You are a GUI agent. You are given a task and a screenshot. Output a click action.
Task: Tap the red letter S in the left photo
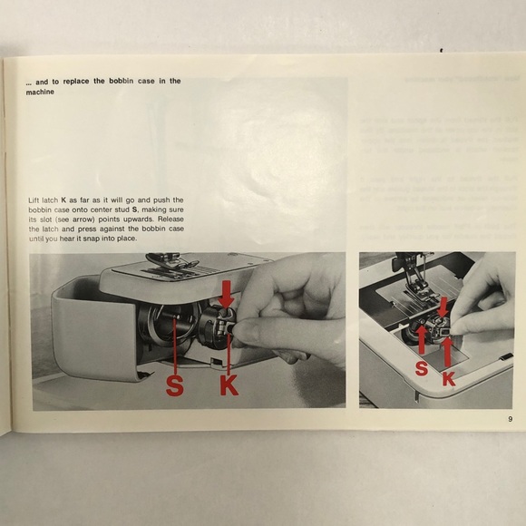[175, 386]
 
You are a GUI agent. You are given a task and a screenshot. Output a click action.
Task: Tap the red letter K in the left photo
[229, 386]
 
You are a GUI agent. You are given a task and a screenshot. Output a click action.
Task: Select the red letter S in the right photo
[422, 368]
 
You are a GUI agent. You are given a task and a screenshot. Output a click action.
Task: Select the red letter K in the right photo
[448, 381]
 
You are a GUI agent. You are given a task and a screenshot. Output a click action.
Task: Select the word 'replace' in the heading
[80, 81]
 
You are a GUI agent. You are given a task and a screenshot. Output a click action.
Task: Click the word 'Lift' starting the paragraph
[36, 199]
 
